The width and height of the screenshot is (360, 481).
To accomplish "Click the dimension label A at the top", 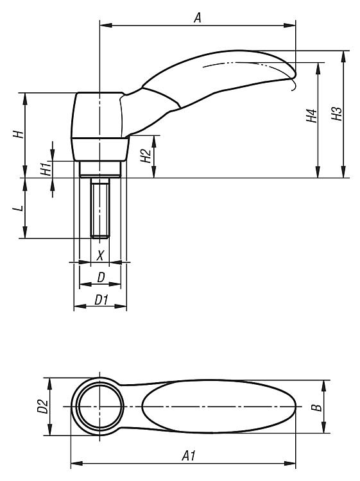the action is coord(198,17).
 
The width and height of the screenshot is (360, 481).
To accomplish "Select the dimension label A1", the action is coord(189,455).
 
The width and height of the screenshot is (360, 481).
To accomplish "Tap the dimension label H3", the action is coord(337,114).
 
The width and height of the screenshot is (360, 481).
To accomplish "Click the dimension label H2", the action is coord(146,156).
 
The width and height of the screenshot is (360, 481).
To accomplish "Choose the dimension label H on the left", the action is coord(19,134).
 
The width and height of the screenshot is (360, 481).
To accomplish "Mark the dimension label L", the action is coord(19,208).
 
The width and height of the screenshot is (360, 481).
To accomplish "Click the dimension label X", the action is coord(100,255).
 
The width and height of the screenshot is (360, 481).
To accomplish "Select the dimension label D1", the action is coord(101,300).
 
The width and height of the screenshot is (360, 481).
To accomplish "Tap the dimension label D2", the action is coord(43,406).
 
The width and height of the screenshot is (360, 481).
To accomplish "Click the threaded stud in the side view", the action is coord(100,208).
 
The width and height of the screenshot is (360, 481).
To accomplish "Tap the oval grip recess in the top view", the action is coord(219,406).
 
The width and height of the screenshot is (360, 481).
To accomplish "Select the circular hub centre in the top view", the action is coord(100,406).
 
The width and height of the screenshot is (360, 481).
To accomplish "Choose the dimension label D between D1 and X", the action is coord(101,277).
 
